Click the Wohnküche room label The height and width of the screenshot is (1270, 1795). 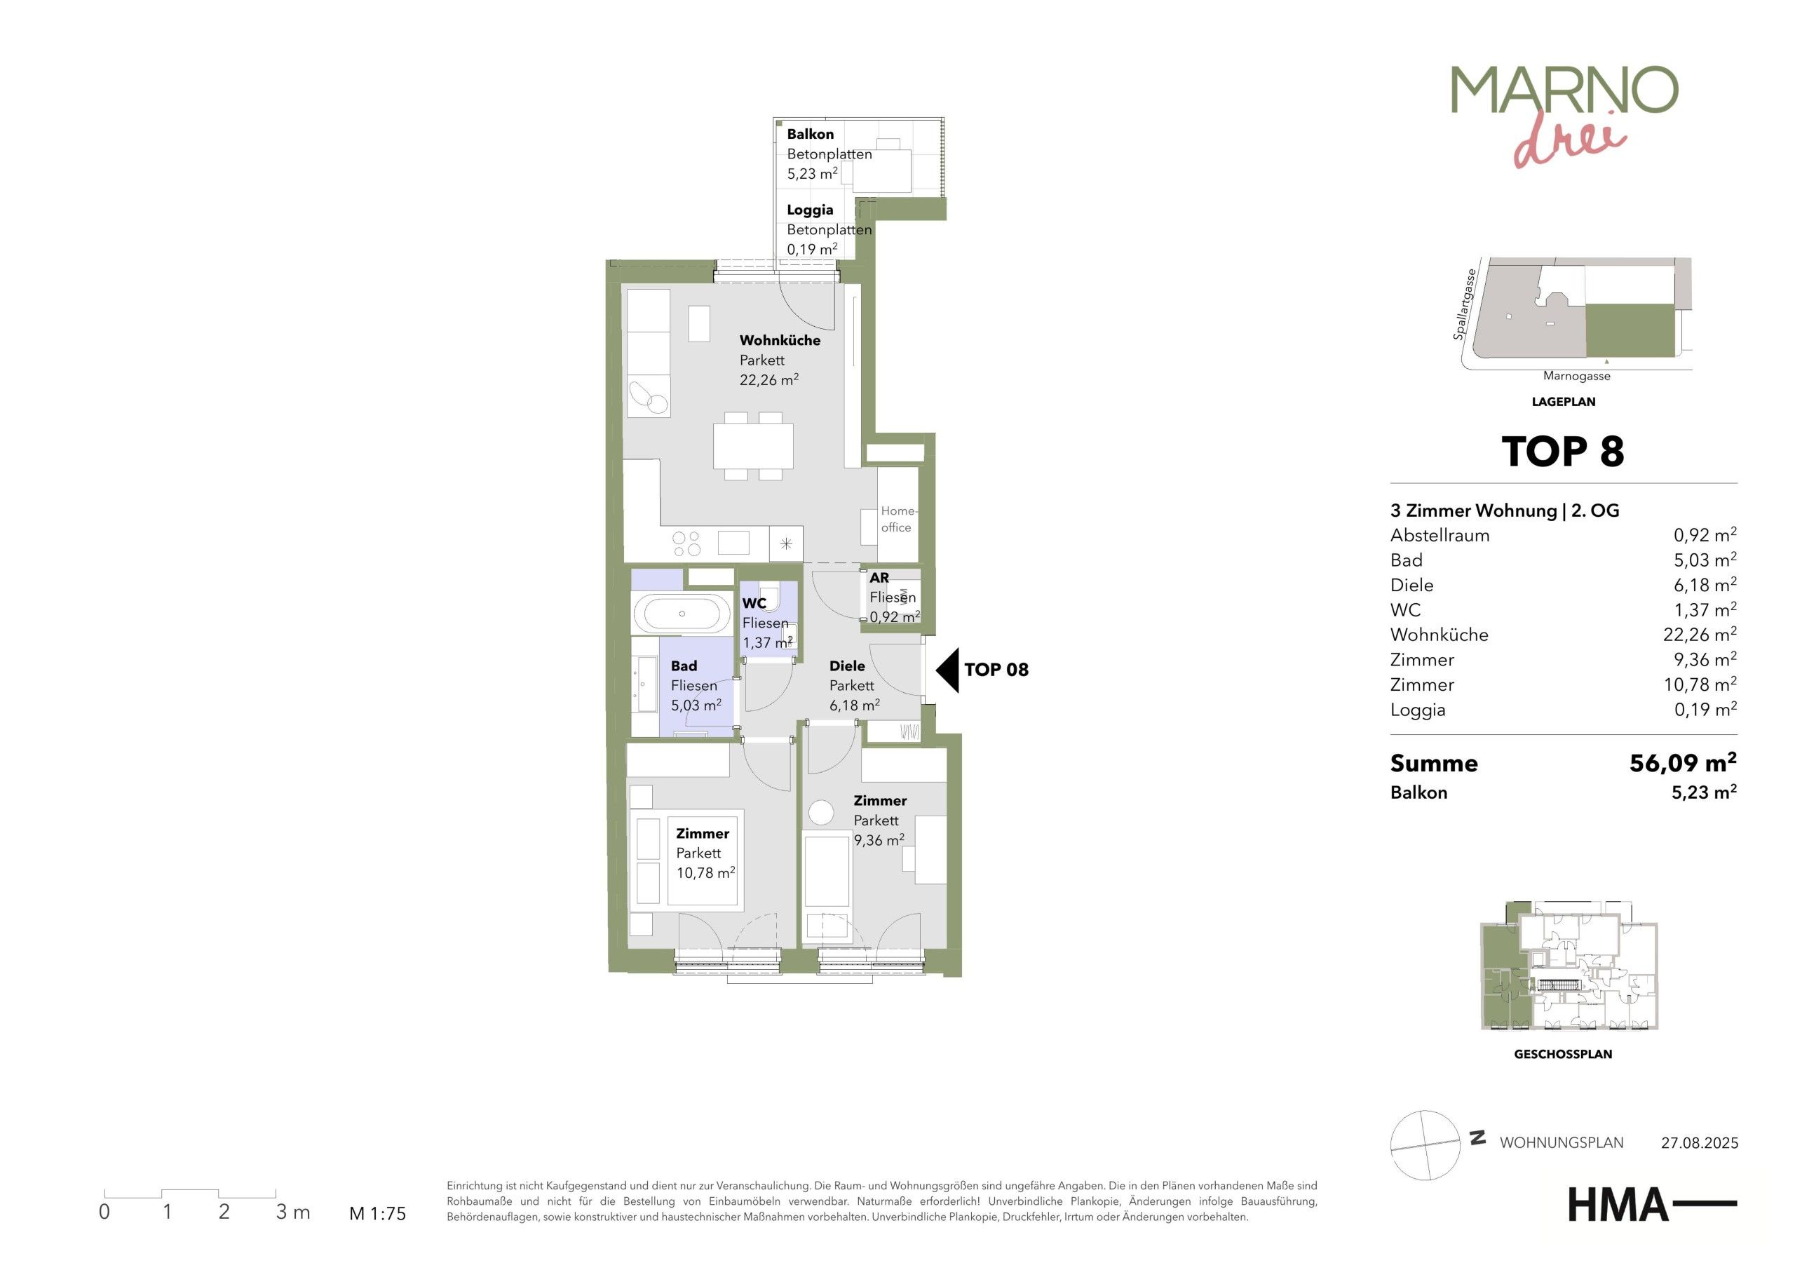pyautogui.click(x=780, y=340)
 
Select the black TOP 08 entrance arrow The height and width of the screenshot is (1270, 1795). pyautogui.click(x=947, y=670)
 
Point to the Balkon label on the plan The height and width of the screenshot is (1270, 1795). pyautogui.click(x=810, y=134)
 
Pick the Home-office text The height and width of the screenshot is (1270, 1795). pyautogui.click(x=897, y=519)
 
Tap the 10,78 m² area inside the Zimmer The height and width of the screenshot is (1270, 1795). pyautogui.click(x=705, y=873)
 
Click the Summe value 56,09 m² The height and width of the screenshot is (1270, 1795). pyautogui.click(x=1682, y=762)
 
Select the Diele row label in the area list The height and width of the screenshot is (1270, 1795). pyautogui.click(x=1411, y=585)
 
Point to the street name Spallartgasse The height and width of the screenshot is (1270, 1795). pyautogui.click(x=1463, y=305)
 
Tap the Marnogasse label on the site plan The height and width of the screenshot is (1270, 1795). pyautogui.click(x=1576, y=376)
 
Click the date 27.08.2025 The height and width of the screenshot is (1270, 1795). pyautogui.click(x=1700, y=1143)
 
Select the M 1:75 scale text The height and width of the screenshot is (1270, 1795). pyautogui.click(x=378, y=1214)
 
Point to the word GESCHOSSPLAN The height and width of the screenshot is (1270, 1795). pyautogui.click(x=1563, y=1054)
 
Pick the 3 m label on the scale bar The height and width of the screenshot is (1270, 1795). pyautogui.click(x=293, y=1212)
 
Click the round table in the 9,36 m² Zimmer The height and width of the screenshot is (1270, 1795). pyautogui.click(x=821, y=813)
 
